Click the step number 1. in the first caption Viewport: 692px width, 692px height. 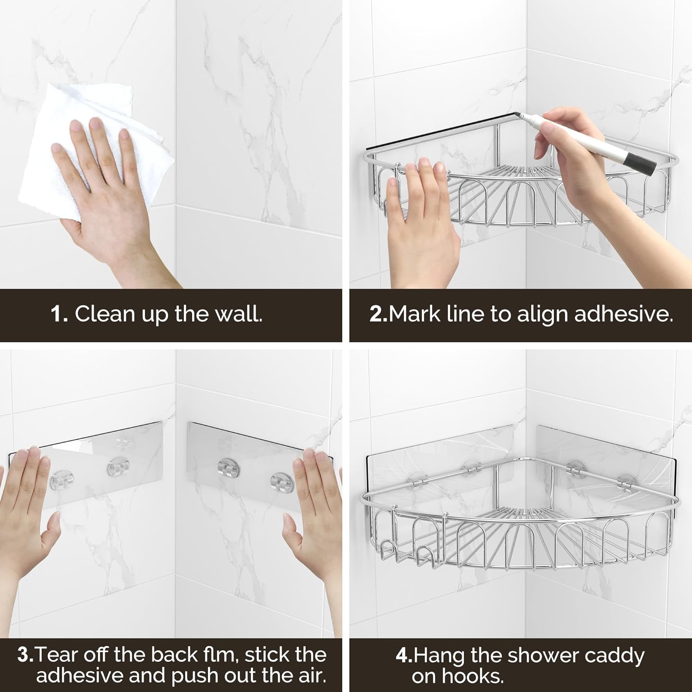click(x=60, y=314)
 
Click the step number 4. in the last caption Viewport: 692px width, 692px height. click(x=404, y=656)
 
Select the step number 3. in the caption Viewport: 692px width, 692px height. click(x=26, y=655)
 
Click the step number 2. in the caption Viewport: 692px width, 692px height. click(x=378, y=314)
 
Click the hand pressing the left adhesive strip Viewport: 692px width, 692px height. click(x=28, y=517)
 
